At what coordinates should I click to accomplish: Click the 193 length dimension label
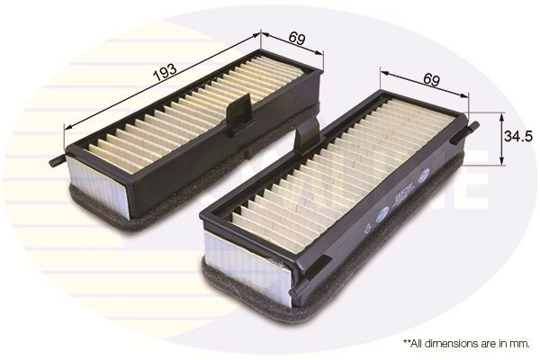165,73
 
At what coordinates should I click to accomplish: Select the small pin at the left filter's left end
58,161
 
